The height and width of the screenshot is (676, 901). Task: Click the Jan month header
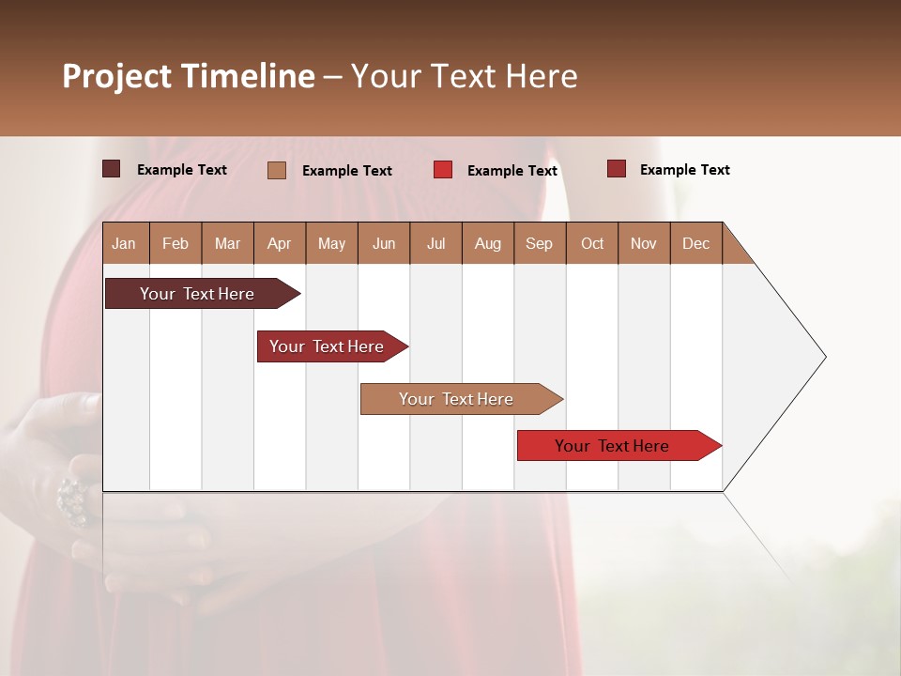[x=124, y=243]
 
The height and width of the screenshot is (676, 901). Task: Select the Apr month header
[x=280, y=243]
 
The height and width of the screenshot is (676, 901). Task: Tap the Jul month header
[x=435, y=243]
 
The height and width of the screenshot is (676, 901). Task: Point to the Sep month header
[x=539, y=243]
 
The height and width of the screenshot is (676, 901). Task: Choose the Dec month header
[x=695, y=243]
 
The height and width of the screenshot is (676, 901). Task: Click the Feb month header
[x=176, y=243]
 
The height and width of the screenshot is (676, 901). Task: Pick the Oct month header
[x=591, y=243]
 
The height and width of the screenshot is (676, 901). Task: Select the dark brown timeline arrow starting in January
[x=197, y=294]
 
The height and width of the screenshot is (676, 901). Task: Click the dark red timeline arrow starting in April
[x=327, y=346]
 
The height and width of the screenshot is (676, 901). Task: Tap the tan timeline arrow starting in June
[x=456, y=399]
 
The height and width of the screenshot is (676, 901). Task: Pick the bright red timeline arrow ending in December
[x=612, y=446]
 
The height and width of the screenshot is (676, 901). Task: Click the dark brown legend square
[x=111, y=169]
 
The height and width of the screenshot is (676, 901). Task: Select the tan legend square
[x=276, y=170]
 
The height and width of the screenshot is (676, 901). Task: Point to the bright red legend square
[x=443, y=170]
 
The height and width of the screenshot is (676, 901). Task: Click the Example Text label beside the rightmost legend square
[x=684, y=170]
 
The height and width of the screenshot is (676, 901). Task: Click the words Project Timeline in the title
[x=189, y=76]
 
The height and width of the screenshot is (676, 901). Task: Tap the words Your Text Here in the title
[x=464, y=76]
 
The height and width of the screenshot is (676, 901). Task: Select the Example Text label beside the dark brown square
[x=181, y=170]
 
